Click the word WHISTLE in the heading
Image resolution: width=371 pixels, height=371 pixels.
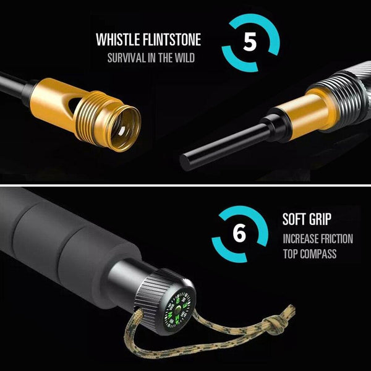coord(118,40)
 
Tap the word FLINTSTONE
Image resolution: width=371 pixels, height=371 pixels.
coord(172,40)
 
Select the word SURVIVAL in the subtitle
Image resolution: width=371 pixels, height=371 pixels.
coord(127,58)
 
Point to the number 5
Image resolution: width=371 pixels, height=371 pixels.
coord(250,41)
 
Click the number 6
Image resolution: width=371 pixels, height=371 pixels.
coord(239,233)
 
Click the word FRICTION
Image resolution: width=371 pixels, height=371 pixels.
coord(336,239)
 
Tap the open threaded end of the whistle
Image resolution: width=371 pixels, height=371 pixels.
coord(124,128)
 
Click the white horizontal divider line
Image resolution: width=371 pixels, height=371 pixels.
coord(185,185)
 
